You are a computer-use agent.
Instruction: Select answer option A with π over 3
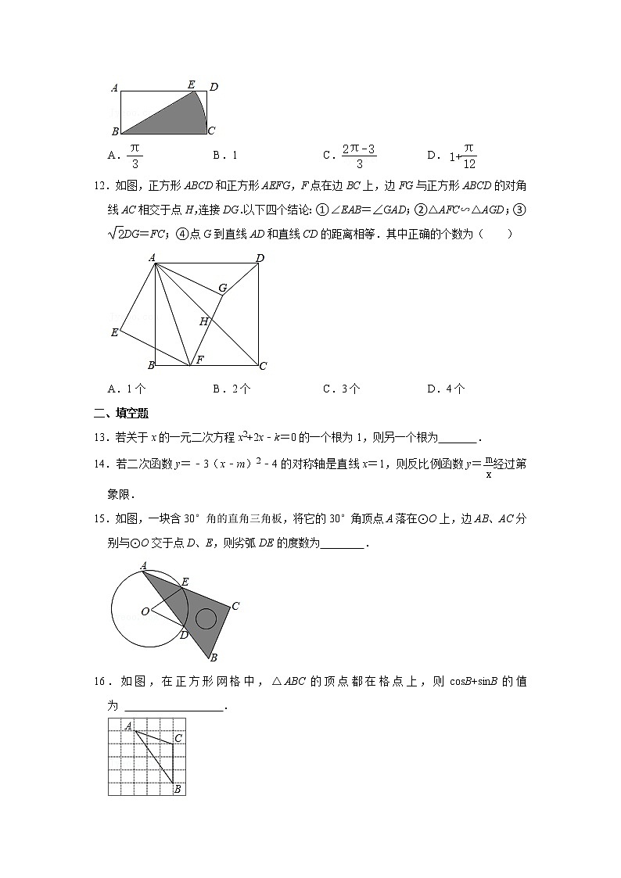125,155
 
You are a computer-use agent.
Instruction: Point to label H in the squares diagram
203,321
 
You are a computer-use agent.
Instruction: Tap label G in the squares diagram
223,288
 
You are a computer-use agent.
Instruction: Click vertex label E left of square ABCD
114,333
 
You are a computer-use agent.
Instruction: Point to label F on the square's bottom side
199,360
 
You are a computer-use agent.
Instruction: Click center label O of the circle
145,611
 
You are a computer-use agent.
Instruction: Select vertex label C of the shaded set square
235,605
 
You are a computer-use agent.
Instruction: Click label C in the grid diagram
178,737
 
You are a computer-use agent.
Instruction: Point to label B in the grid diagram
178,789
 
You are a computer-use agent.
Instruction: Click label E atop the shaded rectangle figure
191,84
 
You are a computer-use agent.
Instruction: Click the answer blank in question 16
174,706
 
